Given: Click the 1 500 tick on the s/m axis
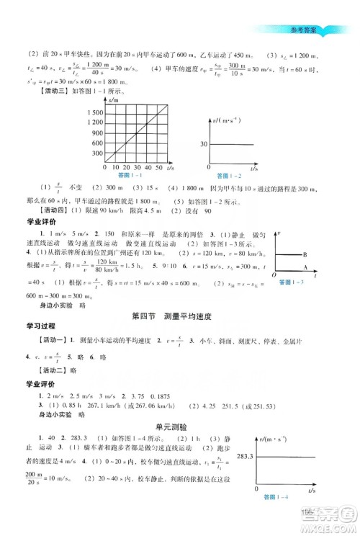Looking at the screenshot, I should click(x=94, y=113).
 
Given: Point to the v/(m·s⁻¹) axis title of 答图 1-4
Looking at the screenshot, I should click(x=274, y=440).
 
